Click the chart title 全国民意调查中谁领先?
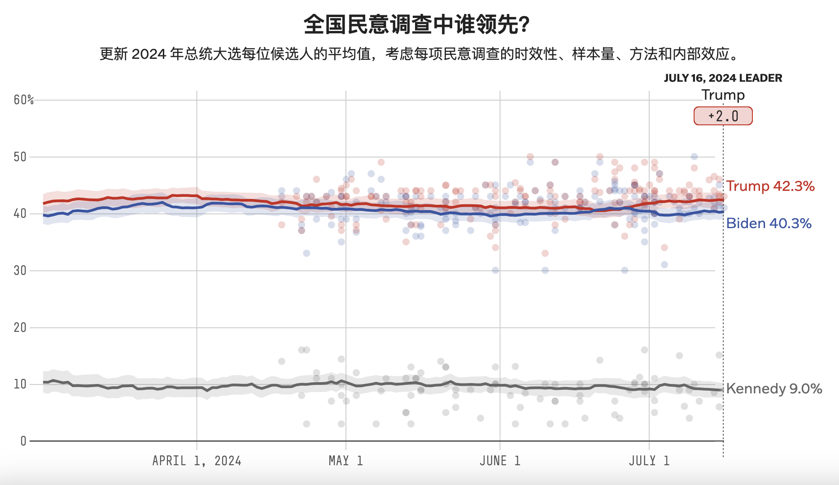(x=416, y=24)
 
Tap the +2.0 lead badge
(x=723, y=116)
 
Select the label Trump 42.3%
(x=770, y=186)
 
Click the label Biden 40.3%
(x=769, y=223)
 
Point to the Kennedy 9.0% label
(x=774, y=388)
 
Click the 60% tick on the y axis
(x=23, y=100)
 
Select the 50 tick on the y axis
(x=20, y=157)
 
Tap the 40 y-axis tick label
(x=20, y=213)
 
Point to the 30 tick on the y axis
(x=20, y=270)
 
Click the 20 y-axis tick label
(x=20, y=327)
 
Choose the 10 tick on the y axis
(x=20, y=384)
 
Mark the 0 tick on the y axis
(x=23, y=441)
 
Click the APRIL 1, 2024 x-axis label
(x=197, y=461)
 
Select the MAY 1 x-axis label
(x=345, y=461)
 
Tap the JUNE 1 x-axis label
(x=500, y=461)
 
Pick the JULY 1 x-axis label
(x=649, y=461)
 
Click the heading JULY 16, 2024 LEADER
(x=723, y=78)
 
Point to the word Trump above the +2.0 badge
(x=723, y=95)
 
